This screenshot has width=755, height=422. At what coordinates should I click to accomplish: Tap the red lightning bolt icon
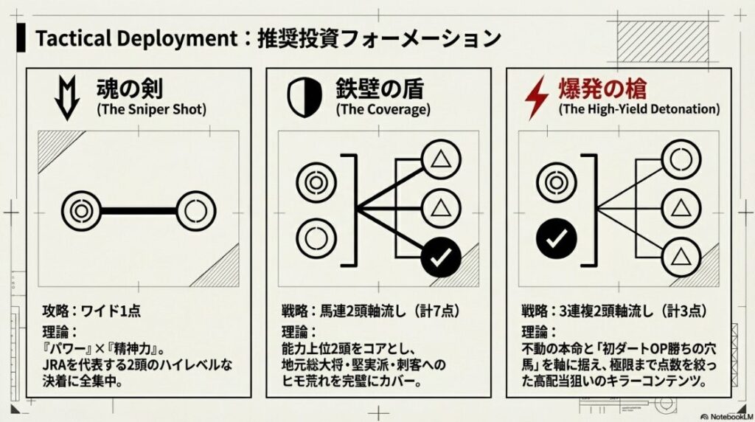tap(535, 98)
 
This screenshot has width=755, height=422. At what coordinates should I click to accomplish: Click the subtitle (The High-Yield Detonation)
tap(639, 109)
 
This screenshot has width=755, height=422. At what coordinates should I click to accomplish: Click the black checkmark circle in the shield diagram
tap(440, 257)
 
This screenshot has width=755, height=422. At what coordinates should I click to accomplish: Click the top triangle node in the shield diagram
tap(440, 158)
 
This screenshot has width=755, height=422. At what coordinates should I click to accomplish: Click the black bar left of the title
tap(23, 38)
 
